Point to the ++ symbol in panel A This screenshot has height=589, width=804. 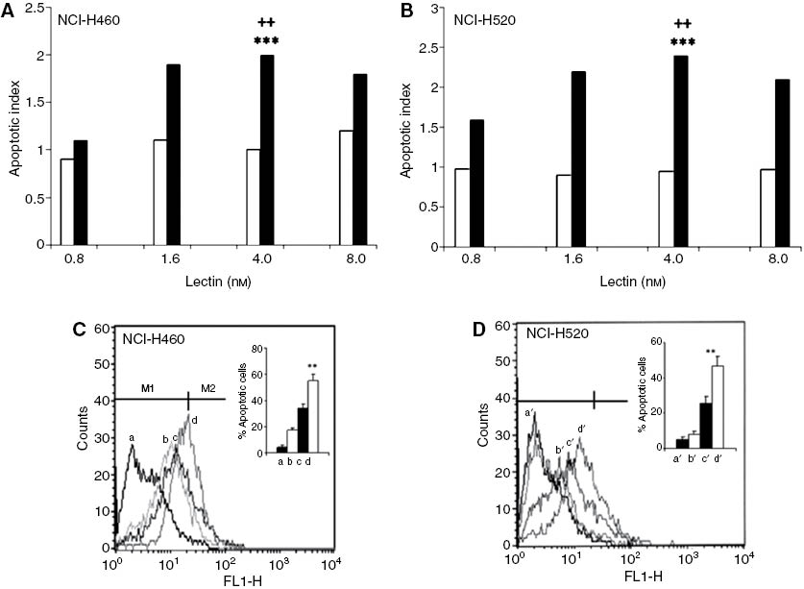tap(266, 26)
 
